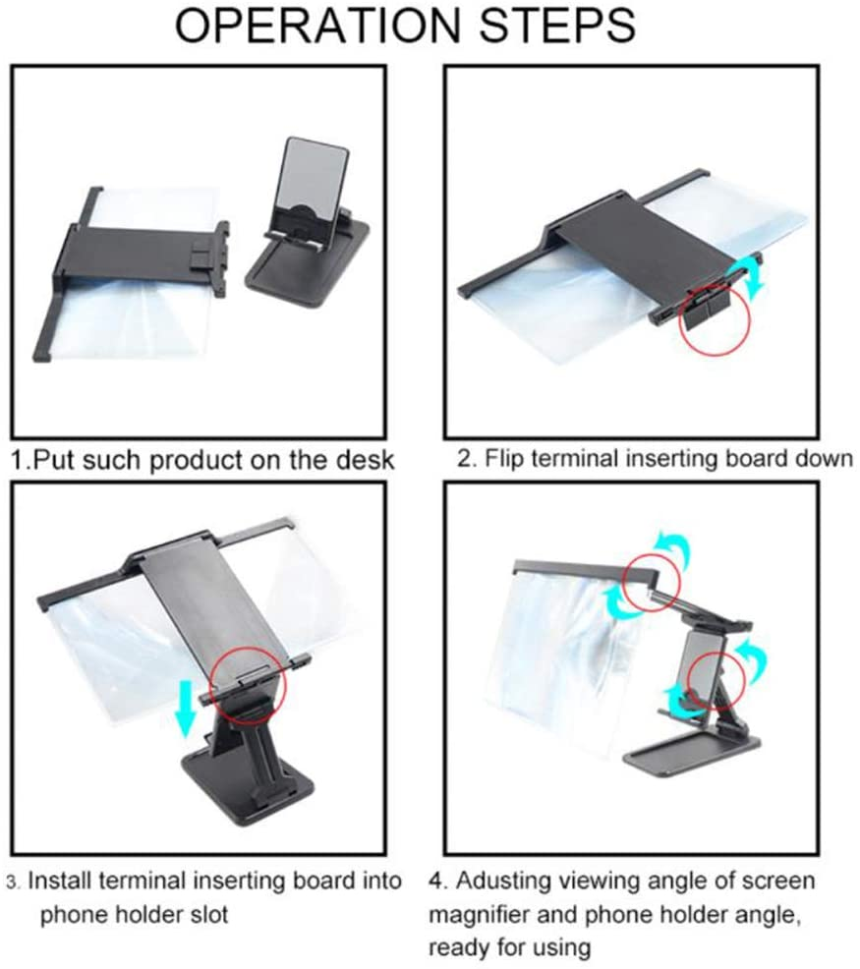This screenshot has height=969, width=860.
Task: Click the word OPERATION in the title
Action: tap(318, 25)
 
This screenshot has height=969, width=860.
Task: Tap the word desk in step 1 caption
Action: tap(365, 460)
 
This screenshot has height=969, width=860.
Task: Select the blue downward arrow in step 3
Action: tap(185, 709)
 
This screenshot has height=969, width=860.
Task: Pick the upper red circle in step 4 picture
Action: tap(652, 584)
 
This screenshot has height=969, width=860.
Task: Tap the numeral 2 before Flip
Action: tap(464, 459)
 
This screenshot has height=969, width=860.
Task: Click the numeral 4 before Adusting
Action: tap(435, 882)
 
